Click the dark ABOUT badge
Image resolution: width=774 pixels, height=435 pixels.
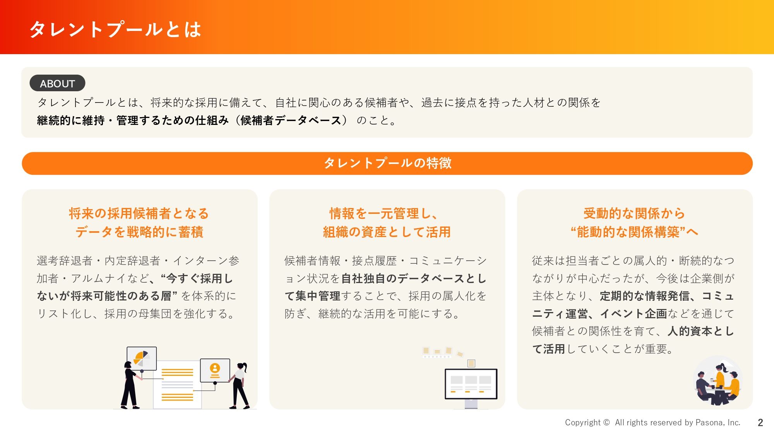tap(57, 83)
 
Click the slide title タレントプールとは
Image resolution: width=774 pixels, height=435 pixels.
tap(115, 29)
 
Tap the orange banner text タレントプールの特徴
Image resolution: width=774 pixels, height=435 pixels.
tap(387, 163)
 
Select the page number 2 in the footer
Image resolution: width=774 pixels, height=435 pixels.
tap(760, 423)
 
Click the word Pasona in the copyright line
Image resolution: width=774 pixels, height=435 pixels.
tap(709, 423)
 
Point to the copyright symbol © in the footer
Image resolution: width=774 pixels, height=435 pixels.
tap(606, 423)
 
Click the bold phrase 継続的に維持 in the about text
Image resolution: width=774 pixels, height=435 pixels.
tap(71, 121)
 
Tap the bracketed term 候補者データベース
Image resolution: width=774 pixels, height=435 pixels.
tap(291, 121)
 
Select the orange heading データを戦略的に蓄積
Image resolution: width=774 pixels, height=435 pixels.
tap(139, 232)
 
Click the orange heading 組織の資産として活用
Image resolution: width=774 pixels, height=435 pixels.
tap(387, 232)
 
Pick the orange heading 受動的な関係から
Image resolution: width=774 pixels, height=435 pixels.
tap(634, 213)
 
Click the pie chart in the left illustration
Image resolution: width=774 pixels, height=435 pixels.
tap(141, 358)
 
